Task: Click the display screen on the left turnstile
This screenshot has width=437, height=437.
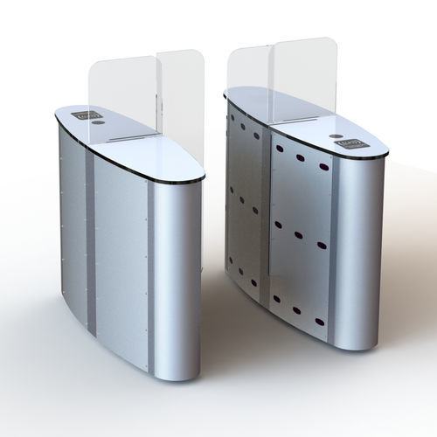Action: tap(86, 114)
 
